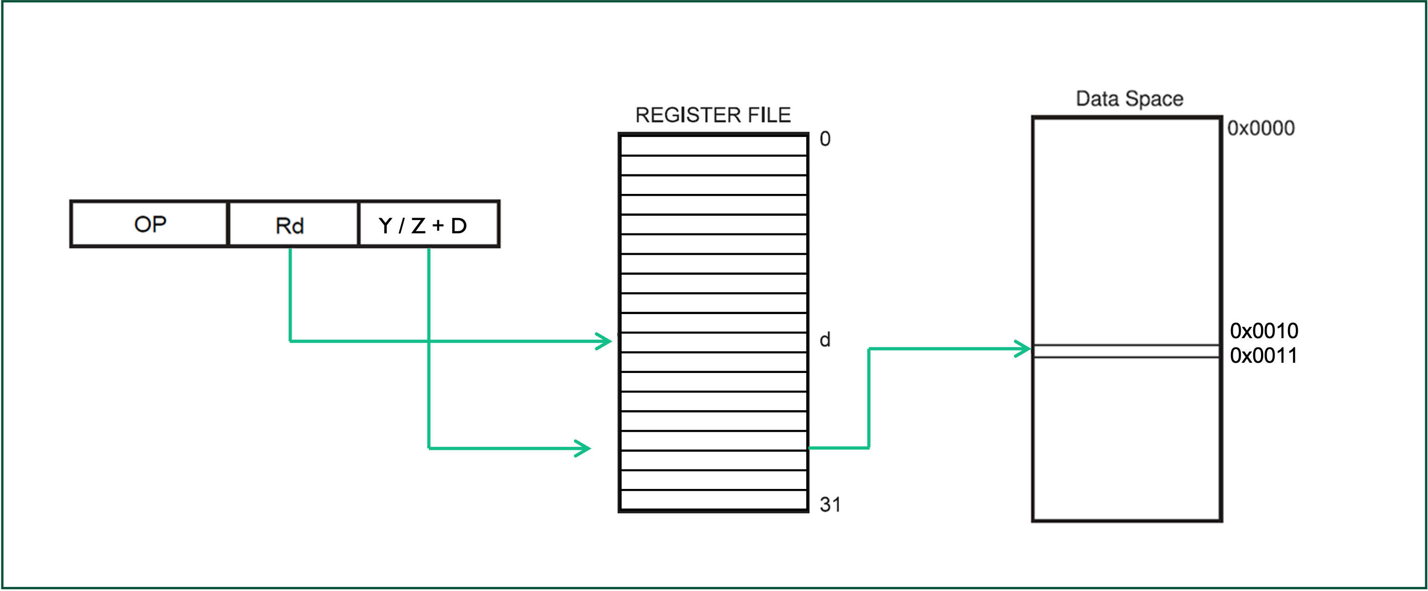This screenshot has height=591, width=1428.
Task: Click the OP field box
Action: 149,224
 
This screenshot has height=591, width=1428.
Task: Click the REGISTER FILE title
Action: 713,115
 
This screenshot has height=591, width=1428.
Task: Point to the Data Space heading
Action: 1129,99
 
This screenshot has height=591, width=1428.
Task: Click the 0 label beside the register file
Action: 825,139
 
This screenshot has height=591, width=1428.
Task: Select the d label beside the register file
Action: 825,339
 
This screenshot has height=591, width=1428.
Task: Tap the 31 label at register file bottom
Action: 830,505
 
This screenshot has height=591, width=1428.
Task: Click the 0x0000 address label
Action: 1261,128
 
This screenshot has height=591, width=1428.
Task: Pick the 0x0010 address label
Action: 1264,331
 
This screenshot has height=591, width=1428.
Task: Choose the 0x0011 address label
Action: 1263,355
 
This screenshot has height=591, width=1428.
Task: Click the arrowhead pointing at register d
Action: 604,341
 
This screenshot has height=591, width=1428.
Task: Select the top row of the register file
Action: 714,146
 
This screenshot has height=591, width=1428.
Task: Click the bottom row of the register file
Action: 714,500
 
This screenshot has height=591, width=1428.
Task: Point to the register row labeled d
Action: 714,342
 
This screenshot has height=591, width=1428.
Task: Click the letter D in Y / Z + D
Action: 459,225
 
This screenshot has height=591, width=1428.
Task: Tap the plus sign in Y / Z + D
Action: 438,225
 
